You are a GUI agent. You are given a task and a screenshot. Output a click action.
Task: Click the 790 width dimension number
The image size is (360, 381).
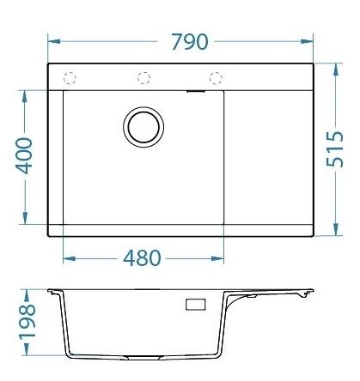(x=190, y=42)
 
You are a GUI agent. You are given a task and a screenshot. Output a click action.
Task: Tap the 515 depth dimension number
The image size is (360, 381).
(x=335, y=149)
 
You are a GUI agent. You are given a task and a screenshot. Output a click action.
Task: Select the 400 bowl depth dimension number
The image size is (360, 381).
(x=24, y=155)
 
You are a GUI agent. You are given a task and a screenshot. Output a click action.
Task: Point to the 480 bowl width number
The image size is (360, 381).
(x=142, y=257)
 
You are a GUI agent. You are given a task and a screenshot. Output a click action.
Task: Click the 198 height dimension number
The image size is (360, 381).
(x=27, y=322)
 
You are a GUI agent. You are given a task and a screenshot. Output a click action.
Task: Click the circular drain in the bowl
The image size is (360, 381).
(x=143, y=127)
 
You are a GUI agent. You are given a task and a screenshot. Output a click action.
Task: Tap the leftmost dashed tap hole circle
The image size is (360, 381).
(x=70, y=78)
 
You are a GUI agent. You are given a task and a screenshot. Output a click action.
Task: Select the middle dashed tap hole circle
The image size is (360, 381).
(x=143, y=78)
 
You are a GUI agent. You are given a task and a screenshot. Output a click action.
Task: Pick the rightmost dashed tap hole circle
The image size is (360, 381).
(x=216, y=78)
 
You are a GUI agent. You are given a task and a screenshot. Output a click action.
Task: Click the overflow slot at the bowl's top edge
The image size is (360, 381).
(x=196, y=92)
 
